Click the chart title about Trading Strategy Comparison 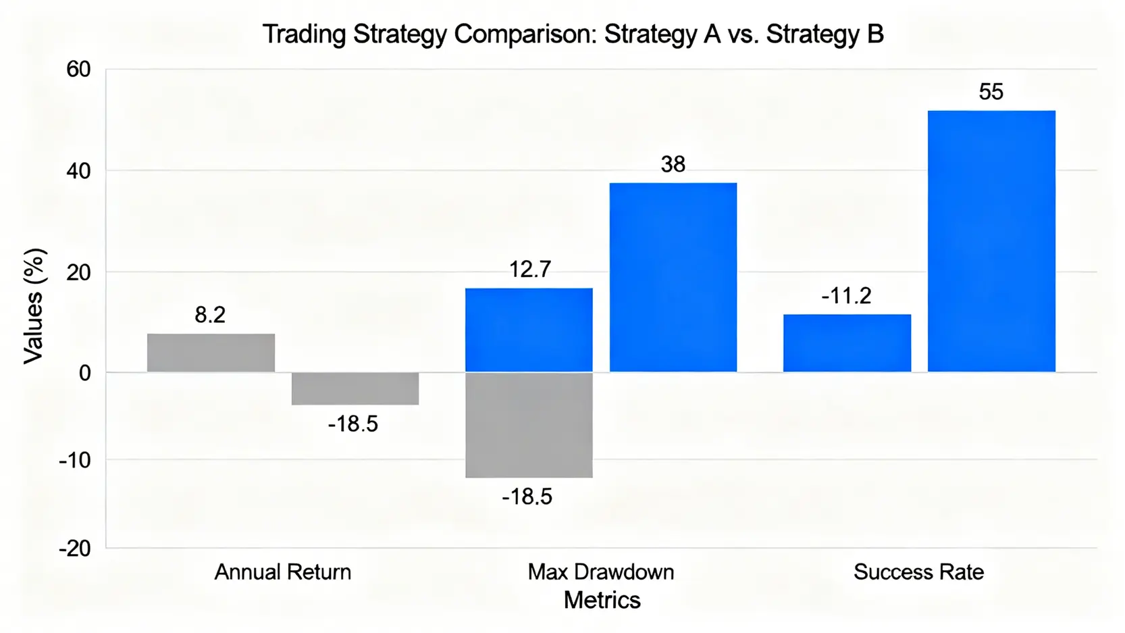573,34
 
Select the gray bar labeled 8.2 211,353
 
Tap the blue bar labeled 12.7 529,330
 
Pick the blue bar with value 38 673,277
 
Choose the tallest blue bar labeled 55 991,241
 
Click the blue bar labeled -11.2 847,343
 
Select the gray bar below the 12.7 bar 529,425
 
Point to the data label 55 991,92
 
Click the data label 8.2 210,315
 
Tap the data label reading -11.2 846,296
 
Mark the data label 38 673,164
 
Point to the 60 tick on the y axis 78,70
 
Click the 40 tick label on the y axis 78,172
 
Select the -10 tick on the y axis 75,460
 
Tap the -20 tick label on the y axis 75,549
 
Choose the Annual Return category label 283,572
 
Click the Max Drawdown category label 601,572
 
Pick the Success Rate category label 918,572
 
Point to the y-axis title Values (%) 34,306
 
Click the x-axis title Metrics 602,601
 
